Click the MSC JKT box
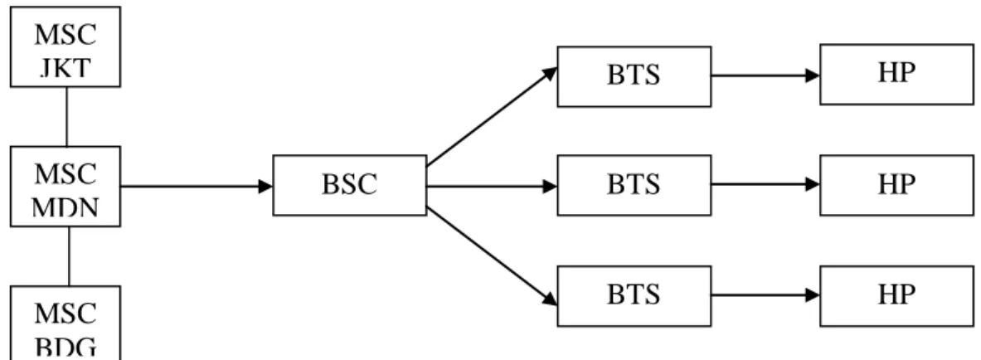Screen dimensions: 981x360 [x=65, y=46]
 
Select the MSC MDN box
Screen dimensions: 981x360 [x=65, y=186]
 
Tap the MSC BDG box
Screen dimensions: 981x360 [x=65, y=323]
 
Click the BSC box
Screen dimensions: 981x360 [x=350, y=185]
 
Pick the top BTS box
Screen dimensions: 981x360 [x=634, y=76]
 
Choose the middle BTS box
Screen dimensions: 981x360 [x=634, y=185]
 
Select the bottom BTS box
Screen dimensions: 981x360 [x=634, y=296]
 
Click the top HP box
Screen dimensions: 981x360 [x=896, y=75]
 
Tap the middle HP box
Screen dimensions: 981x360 [x=896, y=185]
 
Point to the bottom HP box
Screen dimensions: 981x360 [x=896, y=296]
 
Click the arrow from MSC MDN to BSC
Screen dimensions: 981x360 [x=197, y=187]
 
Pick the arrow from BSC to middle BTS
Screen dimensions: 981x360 [x=492, y=186]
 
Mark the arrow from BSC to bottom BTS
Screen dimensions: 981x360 [x=492, y=256]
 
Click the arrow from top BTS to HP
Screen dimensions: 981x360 [x=765, y=75]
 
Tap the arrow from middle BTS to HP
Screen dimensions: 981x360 [x=765, y=184]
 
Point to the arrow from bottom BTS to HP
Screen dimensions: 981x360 [x=765, y=295]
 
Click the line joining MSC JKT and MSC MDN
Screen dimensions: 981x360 [x=66, y=116]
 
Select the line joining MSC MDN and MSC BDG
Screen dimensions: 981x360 [x=69, y=256]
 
